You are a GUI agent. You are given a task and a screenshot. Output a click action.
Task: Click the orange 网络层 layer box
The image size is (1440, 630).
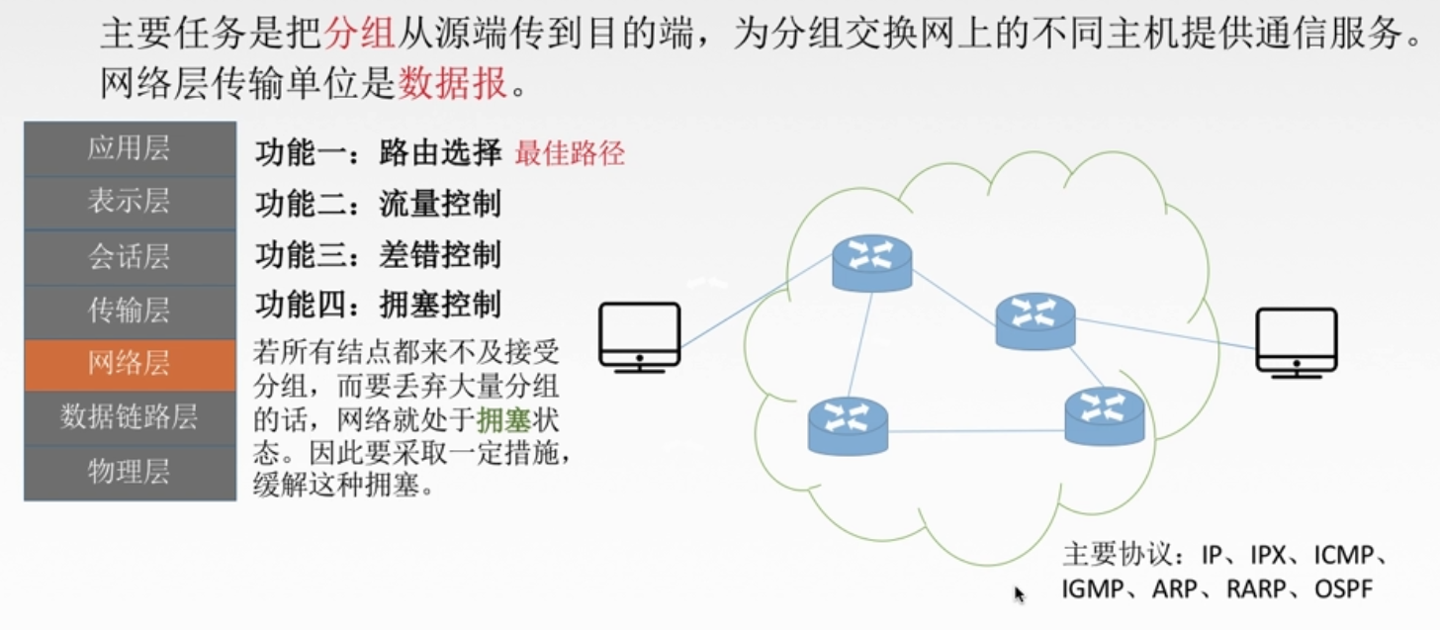(x=130, y=365)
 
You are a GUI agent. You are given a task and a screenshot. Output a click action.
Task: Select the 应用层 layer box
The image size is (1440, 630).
(x=130, y=148)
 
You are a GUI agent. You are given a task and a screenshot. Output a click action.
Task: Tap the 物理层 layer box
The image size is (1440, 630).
(x=130, y=473)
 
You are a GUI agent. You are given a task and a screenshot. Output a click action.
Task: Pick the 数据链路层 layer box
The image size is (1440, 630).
(x=130, y=417)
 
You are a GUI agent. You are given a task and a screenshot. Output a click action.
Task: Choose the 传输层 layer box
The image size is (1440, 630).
(x=130, y=312)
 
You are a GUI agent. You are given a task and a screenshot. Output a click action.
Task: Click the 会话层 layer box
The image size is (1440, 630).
(x=130, y=257)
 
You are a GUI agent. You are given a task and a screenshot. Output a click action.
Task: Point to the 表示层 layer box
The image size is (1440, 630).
(x=130, y=203)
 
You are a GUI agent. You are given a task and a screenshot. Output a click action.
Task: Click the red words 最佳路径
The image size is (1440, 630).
(x=570, y=153)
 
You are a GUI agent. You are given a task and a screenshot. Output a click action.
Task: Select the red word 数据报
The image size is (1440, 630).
(x=453, y=83)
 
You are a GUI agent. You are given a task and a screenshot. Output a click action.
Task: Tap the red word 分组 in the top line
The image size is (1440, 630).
(x=359, y=33)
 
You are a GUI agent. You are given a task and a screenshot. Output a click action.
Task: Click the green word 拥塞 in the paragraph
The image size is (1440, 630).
(x=504, y=420)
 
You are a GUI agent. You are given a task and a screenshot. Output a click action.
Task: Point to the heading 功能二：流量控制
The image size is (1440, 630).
(x=378, y=204)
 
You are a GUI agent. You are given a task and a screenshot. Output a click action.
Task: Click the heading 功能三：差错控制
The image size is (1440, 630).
(x=378, y=254)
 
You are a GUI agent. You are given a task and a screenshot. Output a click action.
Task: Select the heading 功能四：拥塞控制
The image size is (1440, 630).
(x=378, y=304)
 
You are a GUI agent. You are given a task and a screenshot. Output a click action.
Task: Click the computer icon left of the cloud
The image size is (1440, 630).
(x=640, y=337)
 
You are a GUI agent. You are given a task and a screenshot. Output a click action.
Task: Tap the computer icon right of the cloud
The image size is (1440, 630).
(x=1297, y=342)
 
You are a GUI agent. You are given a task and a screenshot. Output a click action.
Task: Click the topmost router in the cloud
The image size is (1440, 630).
(x=871, y=263)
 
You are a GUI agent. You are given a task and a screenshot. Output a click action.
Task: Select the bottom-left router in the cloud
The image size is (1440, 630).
(x=848, y=426)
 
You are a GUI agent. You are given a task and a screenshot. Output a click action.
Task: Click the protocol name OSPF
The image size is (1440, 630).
(x=1343, y=588)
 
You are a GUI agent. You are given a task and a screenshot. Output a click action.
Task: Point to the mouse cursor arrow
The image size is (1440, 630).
(x=1019, y=594)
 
